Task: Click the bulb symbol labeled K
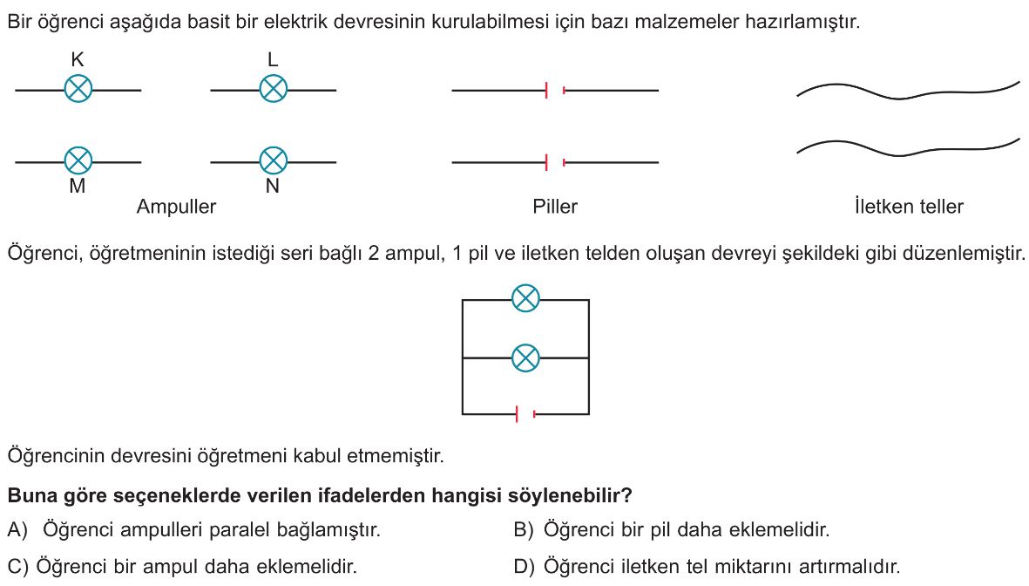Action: click(78, 89)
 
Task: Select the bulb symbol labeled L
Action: click(274, 89)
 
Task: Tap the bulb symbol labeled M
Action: click(78, 161)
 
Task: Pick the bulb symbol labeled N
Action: click(274, 161)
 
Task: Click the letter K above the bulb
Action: click(78, 60)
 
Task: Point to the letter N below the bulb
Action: click(273, 187)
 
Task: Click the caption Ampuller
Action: click(176, 207)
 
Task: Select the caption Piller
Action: click(555, 207)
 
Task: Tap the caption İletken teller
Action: click(909, 207)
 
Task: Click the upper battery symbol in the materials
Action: click(555, 91)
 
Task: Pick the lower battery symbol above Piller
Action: click(555, 162)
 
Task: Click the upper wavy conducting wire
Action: click(909, 92)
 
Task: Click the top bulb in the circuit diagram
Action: click(525, 298)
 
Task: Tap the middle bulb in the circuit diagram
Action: click(525, 358)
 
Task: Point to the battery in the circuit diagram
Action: click(525, 414)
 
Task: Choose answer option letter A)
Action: click(17, 530)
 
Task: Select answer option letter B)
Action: click(524, 530)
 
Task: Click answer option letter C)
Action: click(18, 567)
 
